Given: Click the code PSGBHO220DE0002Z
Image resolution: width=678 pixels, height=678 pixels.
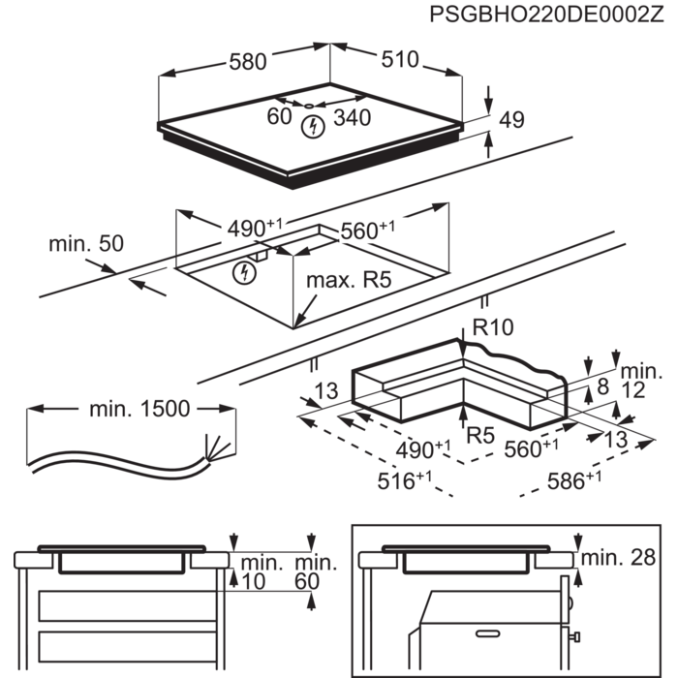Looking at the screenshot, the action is [546, 15].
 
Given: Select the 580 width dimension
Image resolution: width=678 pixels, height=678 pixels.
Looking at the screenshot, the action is [248, 62].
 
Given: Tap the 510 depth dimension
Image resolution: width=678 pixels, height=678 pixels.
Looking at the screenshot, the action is [400, 59].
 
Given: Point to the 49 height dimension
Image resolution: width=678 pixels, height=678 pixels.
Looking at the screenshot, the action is [512, 120].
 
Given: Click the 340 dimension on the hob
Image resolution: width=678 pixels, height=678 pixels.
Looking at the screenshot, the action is [353, 117].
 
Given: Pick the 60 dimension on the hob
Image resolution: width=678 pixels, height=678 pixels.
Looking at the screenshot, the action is [279, 116].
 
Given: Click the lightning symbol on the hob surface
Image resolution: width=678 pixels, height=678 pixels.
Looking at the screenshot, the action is [313, 127].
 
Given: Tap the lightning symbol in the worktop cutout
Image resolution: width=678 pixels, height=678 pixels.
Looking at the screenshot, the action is [244, 273].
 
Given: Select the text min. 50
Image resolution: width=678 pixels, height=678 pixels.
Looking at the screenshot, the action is [86, 243].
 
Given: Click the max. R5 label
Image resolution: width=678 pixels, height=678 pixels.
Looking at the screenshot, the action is [349, 280].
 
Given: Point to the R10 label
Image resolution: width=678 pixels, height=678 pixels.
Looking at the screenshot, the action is [493, 327].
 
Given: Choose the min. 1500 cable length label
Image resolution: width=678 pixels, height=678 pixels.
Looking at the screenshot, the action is [139, 409].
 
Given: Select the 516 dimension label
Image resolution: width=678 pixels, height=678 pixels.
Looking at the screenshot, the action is [404, 480].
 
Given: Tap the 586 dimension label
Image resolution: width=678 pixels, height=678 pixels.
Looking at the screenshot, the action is [574, 480].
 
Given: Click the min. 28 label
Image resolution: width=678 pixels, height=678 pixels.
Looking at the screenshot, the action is [618, 558].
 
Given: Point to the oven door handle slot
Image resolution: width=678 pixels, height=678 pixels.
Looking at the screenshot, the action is [488, 633].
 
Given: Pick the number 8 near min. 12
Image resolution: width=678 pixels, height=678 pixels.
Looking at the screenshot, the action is [602, 386].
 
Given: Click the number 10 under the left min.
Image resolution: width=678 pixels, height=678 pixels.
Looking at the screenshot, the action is [253, 581].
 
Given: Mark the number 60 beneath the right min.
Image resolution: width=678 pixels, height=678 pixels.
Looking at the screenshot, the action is [307, 581].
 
